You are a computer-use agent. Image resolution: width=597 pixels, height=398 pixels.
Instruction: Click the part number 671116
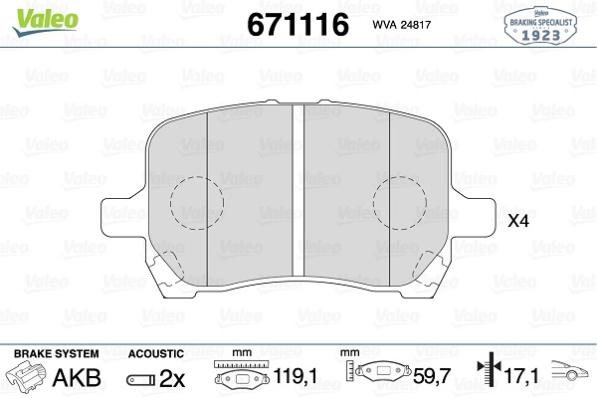coord(298,24)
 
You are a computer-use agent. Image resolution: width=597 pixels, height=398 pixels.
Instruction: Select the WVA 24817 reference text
coord(402,25)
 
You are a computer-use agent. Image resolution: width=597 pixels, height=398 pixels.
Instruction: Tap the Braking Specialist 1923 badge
coord(540,26)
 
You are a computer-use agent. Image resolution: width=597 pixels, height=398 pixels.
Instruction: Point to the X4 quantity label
coord(518,221)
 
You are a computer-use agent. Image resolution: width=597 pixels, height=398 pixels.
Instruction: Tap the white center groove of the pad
coord(298,189)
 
